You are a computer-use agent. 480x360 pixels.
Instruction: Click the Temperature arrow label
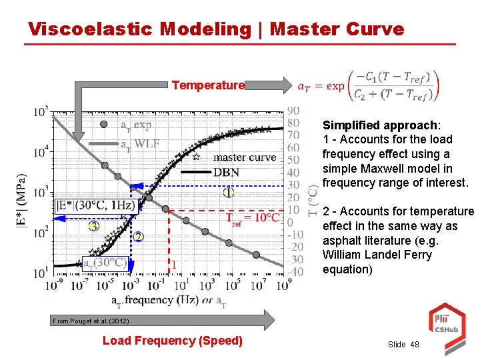point(208,85)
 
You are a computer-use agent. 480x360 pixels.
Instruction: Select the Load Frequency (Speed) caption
point(172,341)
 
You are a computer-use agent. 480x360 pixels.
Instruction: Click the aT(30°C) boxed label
point(105,262)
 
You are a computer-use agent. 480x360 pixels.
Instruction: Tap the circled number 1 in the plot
point(229,192)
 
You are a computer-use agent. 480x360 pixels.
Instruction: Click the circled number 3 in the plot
point(94,225)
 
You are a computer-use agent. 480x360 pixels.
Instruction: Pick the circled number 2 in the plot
point(138,236)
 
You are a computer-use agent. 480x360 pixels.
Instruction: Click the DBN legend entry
point(227,172)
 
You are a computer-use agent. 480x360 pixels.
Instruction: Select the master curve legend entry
point(243,157)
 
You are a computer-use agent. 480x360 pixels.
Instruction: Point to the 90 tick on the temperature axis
point(293,110)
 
